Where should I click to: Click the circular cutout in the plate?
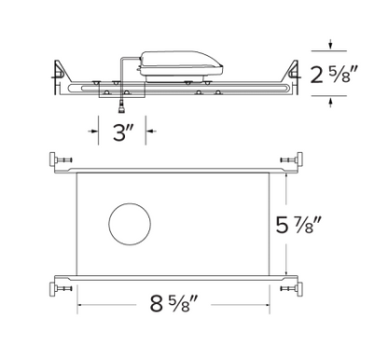(x=128, y=225)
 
